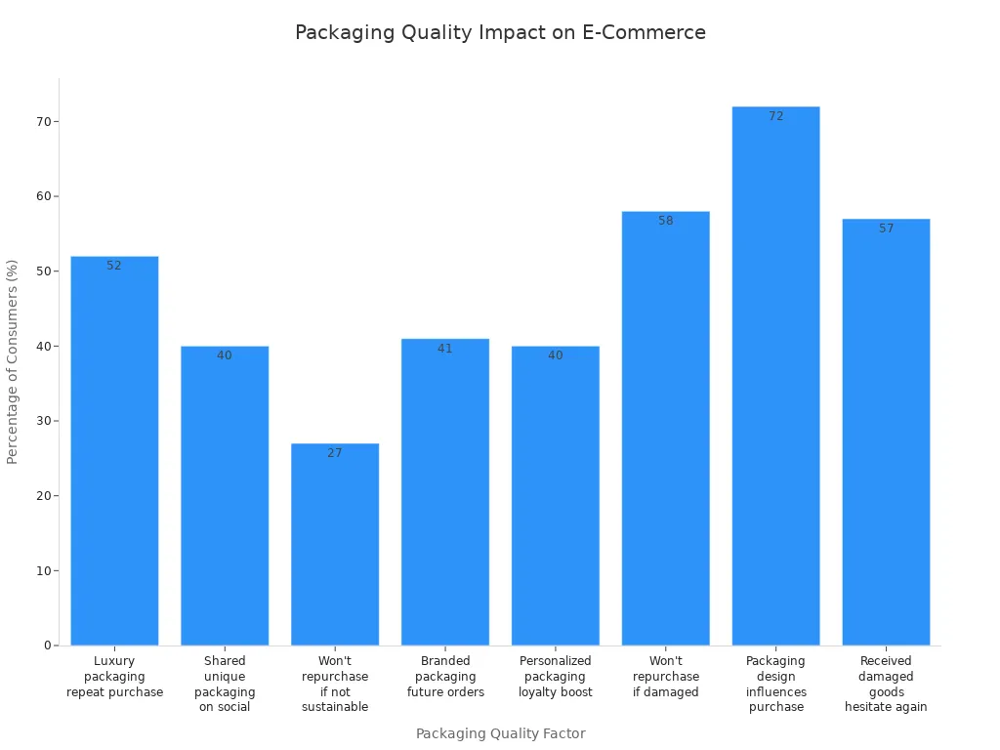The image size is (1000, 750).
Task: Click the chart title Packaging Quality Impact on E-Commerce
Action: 500,32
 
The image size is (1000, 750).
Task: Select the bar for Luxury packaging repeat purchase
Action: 114,449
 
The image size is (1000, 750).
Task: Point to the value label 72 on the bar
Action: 776,116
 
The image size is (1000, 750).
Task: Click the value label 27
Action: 335,453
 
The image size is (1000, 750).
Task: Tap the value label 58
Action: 666,221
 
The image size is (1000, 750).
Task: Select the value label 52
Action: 114,266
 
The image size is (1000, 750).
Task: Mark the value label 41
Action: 445,349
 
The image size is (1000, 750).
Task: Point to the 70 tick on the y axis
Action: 44,121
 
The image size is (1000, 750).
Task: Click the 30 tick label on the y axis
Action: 44,421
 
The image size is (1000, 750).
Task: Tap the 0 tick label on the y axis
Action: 48,646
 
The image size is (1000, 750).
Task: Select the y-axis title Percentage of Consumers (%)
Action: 13,361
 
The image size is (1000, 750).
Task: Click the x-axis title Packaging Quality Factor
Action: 500,733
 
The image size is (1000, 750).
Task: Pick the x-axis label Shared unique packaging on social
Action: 225,684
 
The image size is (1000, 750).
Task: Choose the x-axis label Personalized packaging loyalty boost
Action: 556,677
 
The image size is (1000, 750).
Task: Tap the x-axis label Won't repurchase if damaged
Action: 666,677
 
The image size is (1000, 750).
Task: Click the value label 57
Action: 887,229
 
